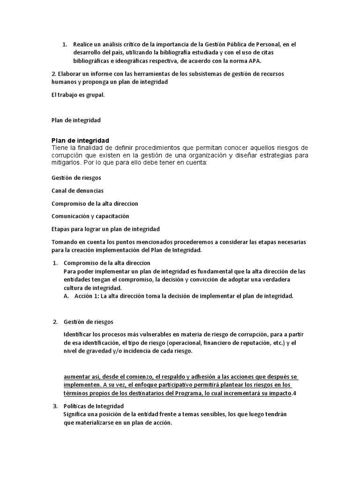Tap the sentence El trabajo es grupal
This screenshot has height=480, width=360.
click(x=78, y=95)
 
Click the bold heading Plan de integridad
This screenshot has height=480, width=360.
click(x=80, y=140)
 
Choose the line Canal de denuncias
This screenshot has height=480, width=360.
click(x=77, y=191)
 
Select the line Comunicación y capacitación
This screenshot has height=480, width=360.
click(x=90, y=216)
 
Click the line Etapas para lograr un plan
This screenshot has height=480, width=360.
click(x=105, y=229)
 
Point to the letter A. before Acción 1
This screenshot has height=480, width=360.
click(x=66, y=296)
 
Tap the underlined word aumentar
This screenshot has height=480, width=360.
click(x=77, y=377)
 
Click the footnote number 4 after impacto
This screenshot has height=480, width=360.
click(x=295, y=394)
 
